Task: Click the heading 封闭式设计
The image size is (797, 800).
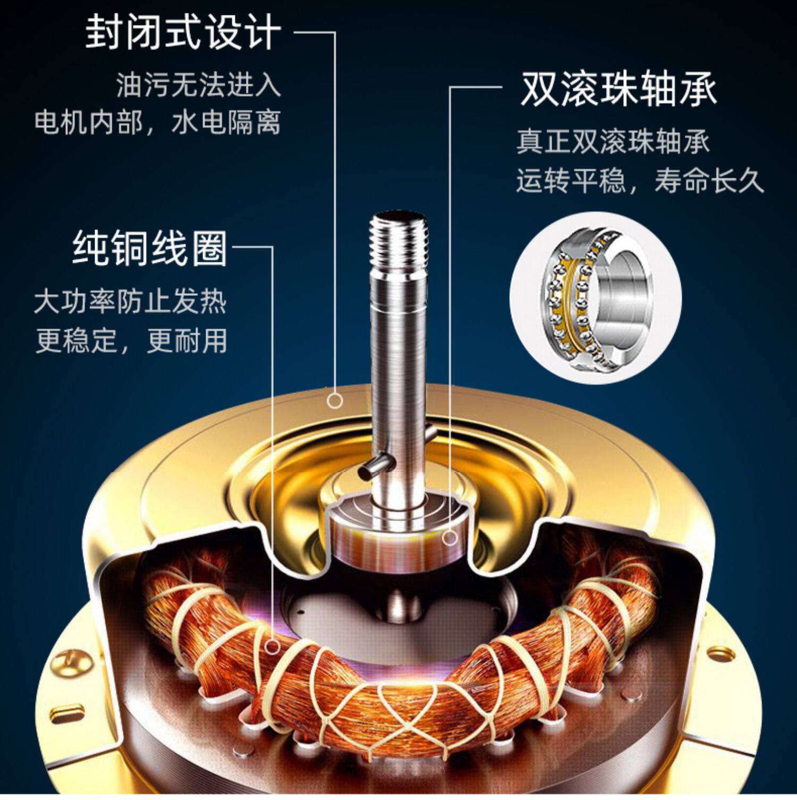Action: [x=183, y=33]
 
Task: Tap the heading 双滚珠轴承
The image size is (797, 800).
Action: [x=618, y=89]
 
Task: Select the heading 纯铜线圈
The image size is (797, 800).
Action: [x=150, y=248]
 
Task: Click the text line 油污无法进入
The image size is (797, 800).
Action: [x=198, y=85]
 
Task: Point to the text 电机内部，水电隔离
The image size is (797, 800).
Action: [x=157, y=122]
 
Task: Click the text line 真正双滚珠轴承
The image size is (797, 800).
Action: [x=613, y=142]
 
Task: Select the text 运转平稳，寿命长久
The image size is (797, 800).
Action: [x=640, y=181]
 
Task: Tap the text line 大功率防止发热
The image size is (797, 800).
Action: [x=131, y=302]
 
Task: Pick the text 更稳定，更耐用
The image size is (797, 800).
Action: [x=131, y=340]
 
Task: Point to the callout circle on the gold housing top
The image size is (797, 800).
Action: [x=335, y=400]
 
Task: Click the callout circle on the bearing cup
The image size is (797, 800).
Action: [x=451, y=537]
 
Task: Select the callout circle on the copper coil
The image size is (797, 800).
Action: [x=273, y=646]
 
